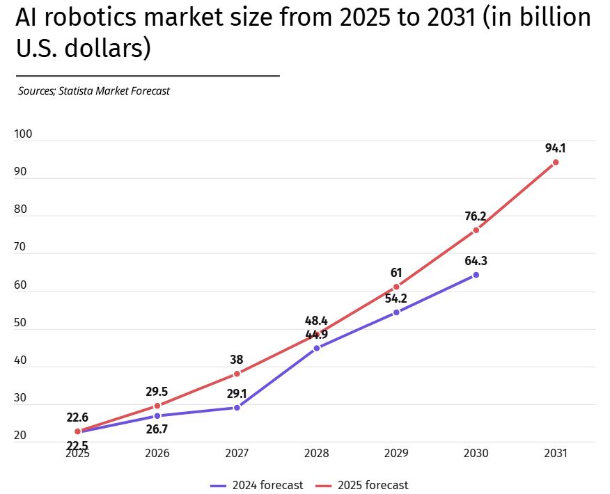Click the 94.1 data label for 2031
556,148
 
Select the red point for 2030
476,230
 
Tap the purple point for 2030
476,275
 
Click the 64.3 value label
476,261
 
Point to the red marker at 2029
396,287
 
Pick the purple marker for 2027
237,408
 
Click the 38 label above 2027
237,360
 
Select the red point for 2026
157,406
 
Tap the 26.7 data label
157,429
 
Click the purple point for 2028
317,348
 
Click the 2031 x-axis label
556,453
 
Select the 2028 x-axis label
317,453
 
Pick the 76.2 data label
476,216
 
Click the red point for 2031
556,162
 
